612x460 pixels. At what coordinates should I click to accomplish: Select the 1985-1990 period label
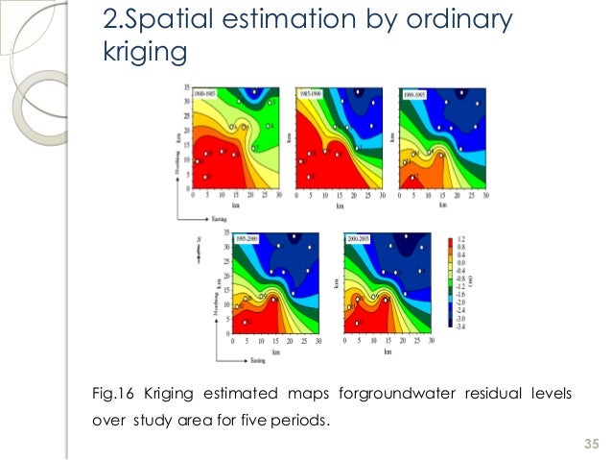click(311, 93)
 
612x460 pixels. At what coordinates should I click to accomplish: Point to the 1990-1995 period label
click(413, 93)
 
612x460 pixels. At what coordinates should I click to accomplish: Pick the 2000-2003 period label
click(361, 236)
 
